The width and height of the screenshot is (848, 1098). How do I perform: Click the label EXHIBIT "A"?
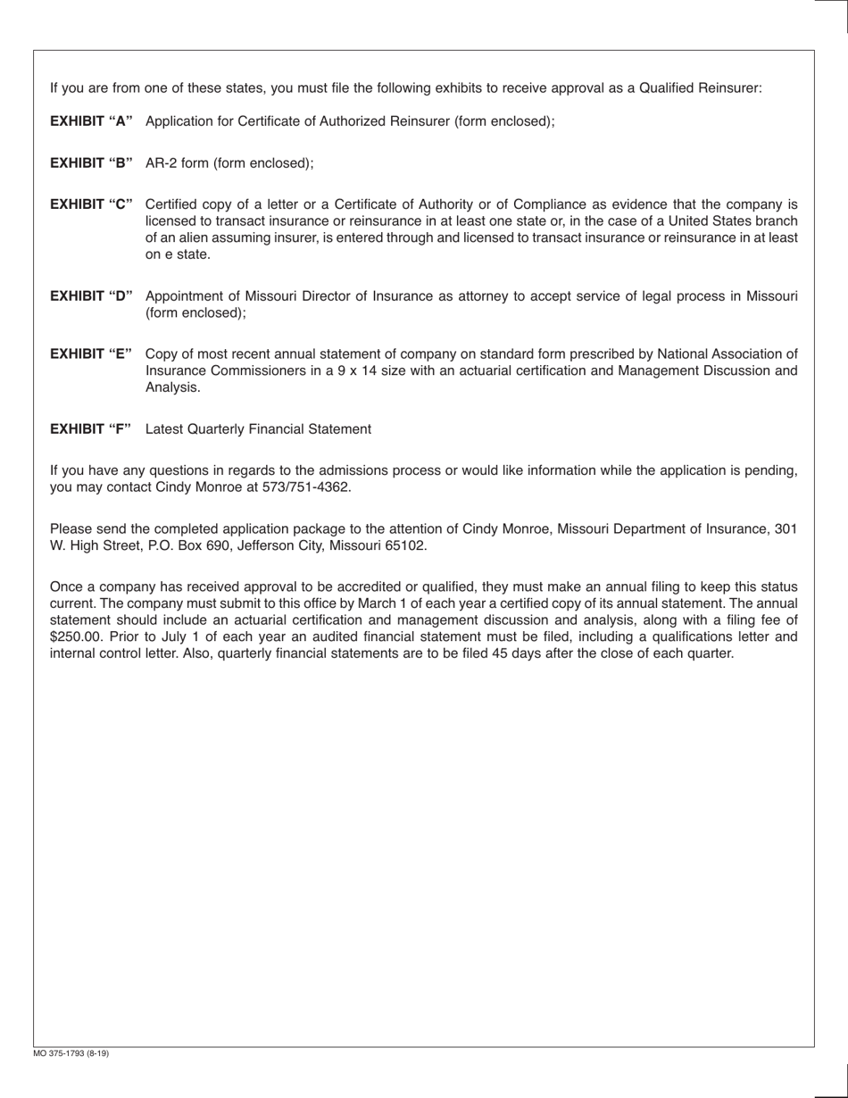[x=91, y=121]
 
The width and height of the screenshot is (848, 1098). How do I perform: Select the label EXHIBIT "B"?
[x=91, y=163]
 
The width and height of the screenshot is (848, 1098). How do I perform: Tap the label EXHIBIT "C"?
[x=91, y=204]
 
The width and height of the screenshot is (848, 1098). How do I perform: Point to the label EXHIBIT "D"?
[x=91, y=296]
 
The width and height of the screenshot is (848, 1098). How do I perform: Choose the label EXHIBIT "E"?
[x=91, y=354]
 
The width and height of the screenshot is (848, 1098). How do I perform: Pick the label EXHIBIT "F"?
[x=90, y=429]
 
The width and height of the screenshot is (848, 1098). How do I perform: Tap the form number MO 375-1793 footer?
[x=71, y=1053]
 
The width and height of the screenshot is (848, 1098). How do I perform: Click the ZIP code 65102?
[x=406, y=545]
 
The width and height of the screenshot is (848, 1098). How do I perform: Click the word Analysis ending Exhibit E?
[x=172, y=387]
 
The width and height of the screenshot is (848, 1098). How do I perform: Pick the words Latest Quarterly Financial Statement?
[x=258, y=429]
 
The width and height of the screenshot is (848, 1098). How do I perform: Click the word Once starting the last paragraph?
[x=65, y=586]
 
